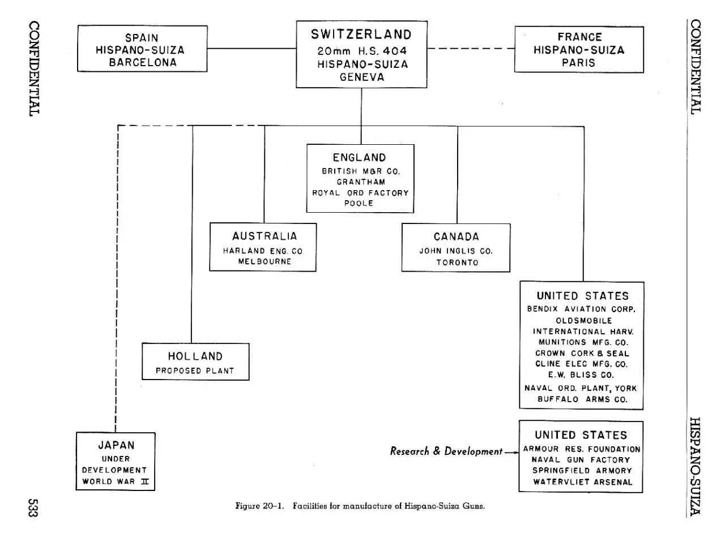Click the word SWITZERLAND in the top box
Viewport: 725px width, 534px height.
tap(361, 35)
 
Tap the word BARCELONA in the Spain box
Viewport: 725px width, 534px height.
tap(143, 62)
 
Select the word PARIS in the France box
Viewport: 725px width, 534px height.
tap(578, 63)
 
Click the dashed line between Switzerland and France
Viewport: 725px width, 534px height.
tap(471, 49)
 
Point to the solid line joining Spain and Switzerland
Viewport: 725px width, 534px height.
tap(252, 49)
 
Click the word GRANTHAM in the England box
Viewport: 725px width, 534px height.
tap(361, 182)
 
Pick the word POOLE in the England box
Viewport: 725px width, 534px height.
tap(359, 203)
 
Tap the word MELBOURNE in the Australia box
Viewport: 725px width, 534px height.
tap(265, 261)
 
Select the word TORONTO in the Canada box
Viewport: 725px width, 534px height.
tap(457, 262)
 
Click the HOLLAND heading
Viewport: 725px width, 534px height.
tap(195, 356)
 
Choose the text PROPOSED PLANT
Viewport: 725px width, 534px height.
tap(195, 371)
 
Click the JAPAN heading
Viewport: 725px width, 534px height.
tap(116, 445)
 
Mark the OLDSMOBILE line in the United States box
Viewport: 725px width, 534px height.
tap(584, 321)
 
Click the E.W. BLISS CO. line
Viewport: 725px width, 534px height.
tap(581, 375)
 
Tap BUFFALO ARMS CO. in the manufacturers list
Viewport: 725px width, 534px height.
tap(582, 399)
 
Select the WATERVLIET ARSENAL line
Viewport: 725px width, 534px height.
tap(583, 482)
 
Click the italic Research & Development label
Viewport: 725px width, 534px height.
tap(446, 451)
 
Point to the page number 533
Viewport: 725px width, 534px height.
tap(33, 508)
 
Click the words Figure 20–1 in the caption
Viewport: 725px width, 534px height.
tap(259, 506)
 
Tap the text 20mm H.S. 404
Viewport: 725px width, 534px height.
tap(362, 51)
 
